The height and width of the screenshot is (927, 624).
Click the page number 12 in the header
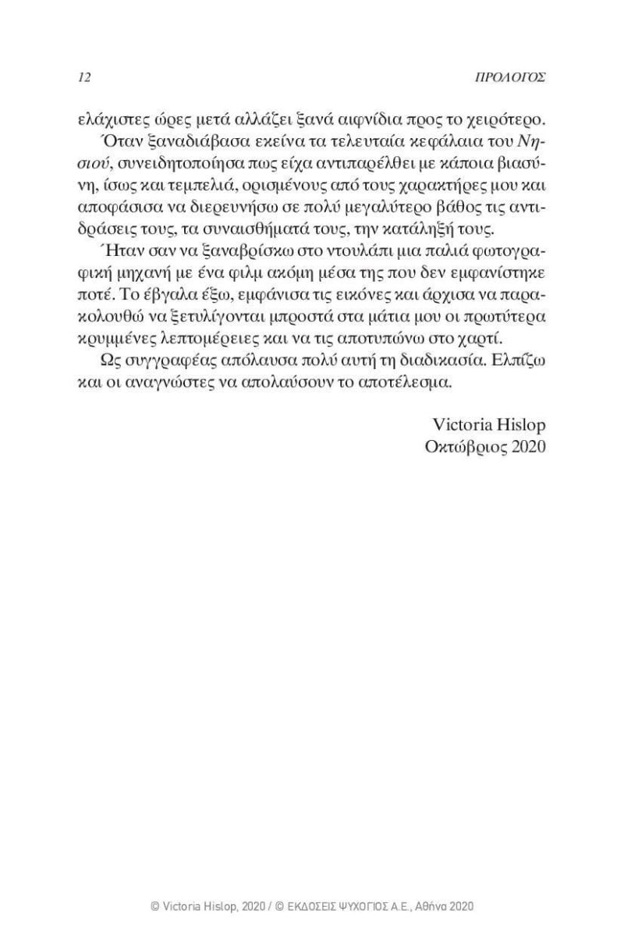click(86, 78)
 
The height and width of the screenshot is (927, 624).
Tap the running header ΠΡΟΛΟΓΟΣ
click(512, 78)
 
